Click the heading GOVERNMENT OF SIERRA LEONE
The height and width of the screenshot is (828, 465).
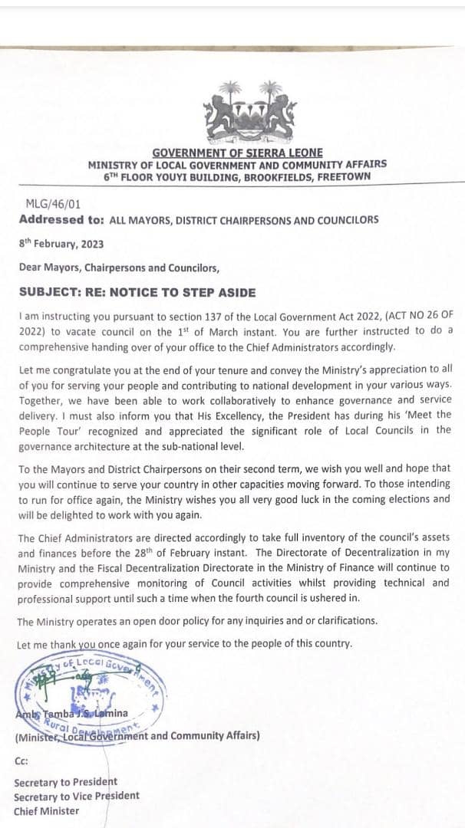[237, 153]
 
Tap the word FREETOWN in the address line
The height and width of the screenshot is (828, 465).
[344, 176]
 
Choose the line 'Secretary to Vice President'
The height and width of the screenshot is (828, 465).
[77, 796]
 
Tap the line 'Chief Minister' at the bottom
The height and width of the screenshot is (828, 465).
[46, 810]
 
